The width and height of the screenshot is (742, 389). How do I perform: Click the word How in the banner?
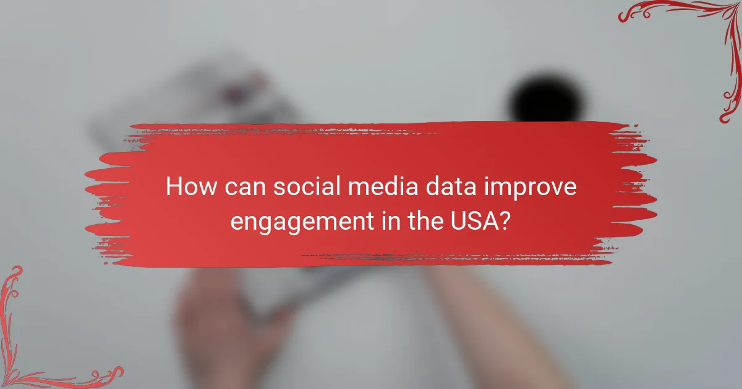pos(187,187)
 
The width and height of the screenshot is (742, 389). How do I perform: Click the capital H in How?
pos(175,187)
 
